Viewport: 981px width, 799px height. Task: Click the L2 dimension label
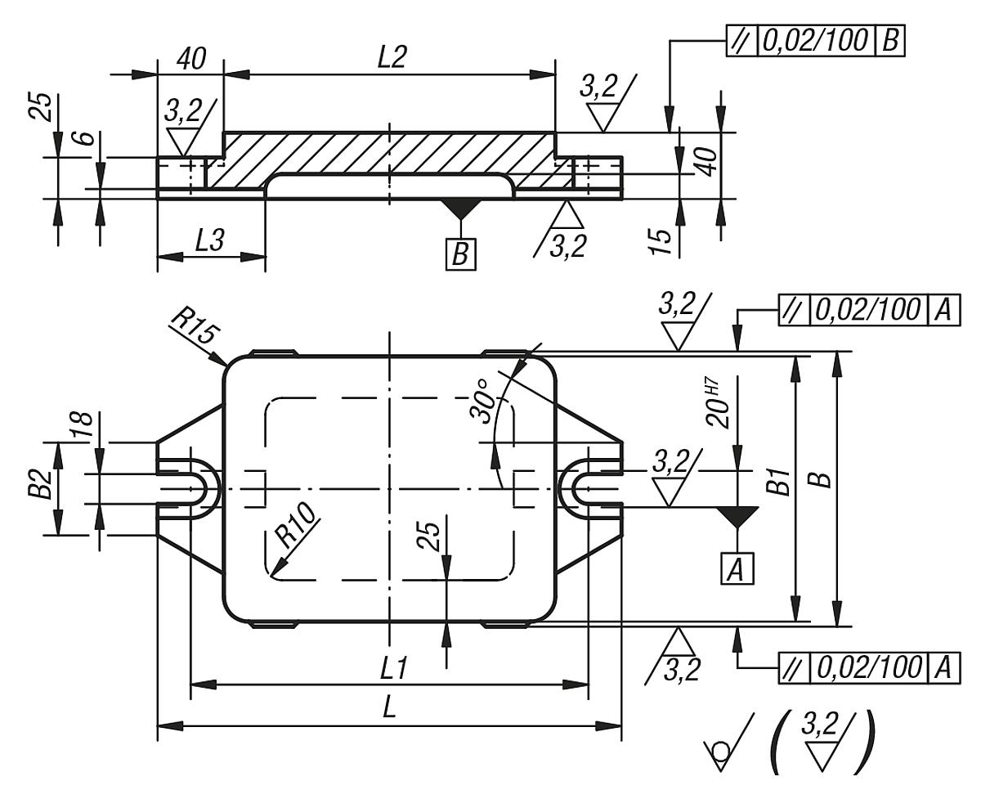(x=391, y=56)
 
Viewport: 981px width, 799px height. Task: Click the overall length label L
(x=390, y=709)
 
